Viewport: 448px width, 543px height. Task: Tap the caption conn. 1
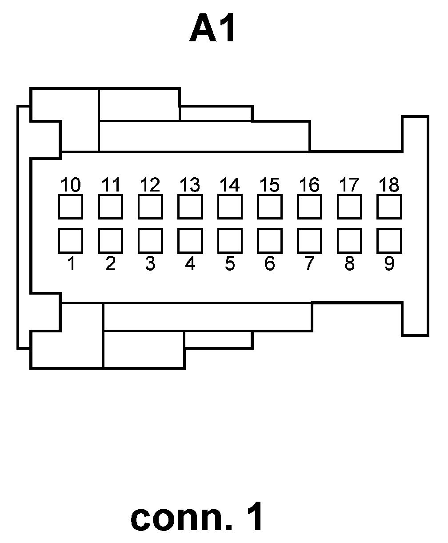(197, 518)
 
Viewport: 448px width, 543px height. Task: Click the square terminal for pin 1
(70, 240)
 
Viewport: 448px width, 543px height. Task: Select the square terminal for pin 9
(389, 240)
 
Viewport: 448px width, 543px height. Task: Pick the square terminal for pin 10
(70, 206)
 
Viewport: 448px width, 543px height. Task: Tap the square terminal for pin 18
(389, 206)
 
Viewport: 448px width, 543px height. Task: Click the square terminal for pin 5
(230, 240)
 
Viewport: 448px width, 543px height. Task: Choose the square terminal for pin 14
(230, 206)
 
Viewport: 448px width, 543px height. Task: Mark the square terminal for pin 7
(309, 240)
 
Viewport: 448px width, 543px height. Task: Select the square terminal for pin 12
(150, 206)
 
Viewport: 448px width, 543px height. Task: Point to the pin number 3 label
(150, 264)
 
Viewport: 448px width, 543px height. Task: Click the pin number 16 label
(309, 184)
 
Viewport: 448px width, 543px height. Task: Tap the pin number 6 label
(269, 264)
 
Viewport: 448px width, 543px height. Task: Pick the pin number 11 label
(110, 184)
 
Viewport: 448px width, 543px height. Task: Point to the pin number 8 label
(349, 264)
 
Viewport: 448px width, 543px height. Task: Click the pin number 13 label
(190, 184)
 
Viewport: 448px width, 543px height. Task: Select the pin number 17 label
(349, 184)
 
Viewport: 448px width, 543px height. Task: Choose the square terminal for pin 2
(110, 240)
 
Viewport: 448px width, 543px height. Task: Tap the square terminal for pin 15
(269, 206)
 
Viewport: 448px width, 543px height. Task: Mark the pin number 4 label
(190, 264)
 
